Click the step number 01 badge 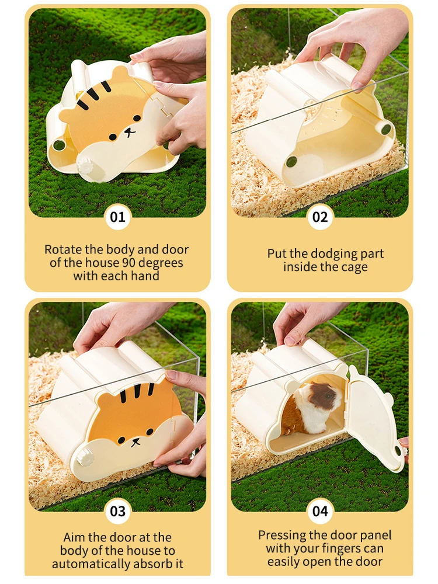tap(118, 217)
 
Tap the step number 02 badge tap(320, 217)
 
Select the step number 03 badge tap(118, 511)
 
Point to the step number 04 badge tap(320, 511)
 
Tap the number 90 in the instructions tap(128, 263)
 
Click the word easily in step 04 tap(284, 562)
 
